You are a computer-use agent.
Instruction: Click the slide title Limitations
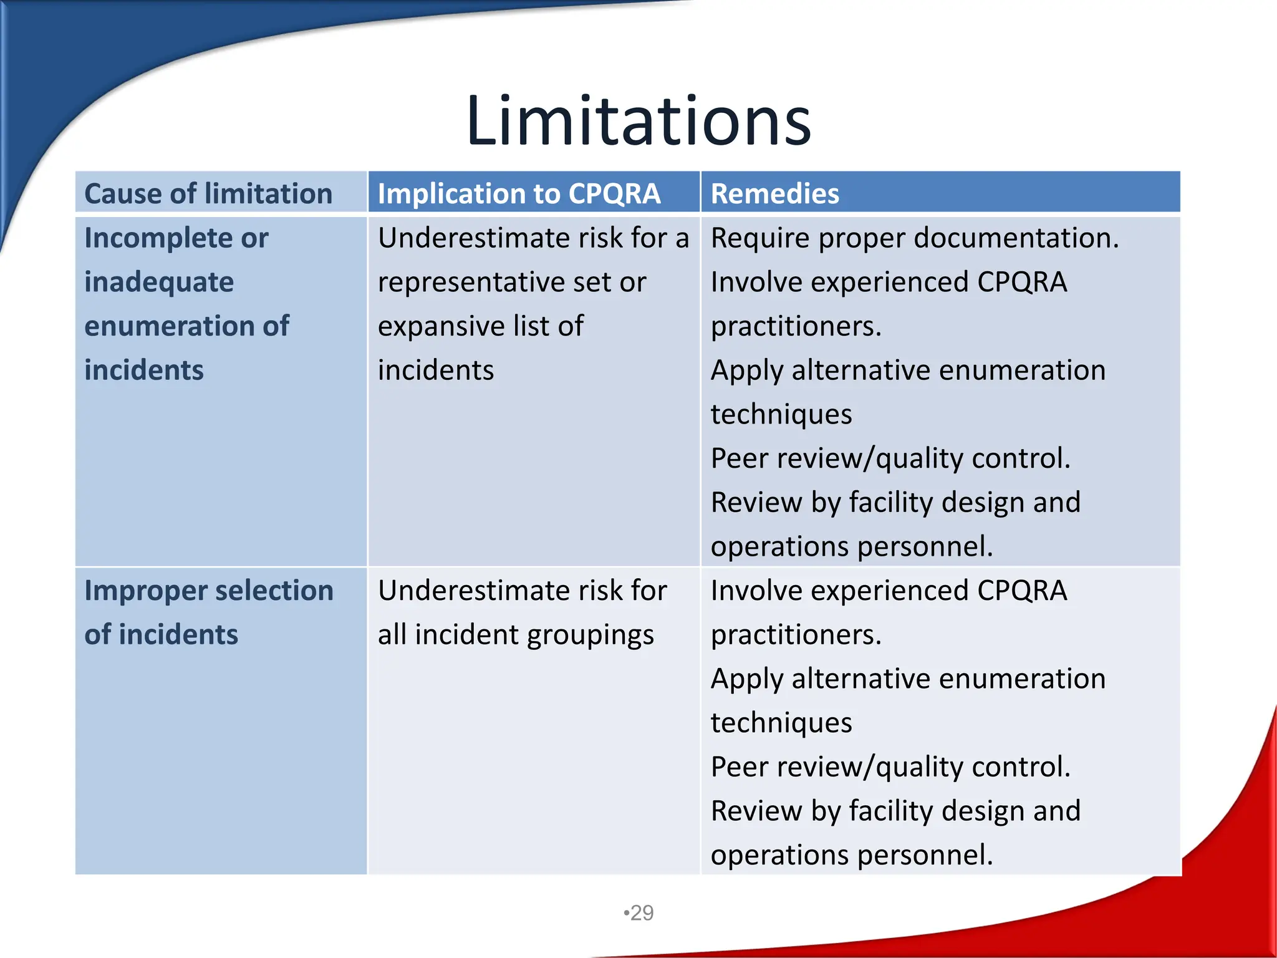pos(638,120)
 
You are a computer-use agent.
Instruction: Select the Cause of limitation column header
pos(208,193)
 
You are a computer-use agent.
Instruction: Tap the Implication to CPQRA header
pos(519,193)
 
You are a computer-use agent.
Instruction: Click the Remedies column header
pos(774,193)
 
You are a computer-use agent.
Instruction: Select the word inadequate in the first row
pos(159,283)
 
